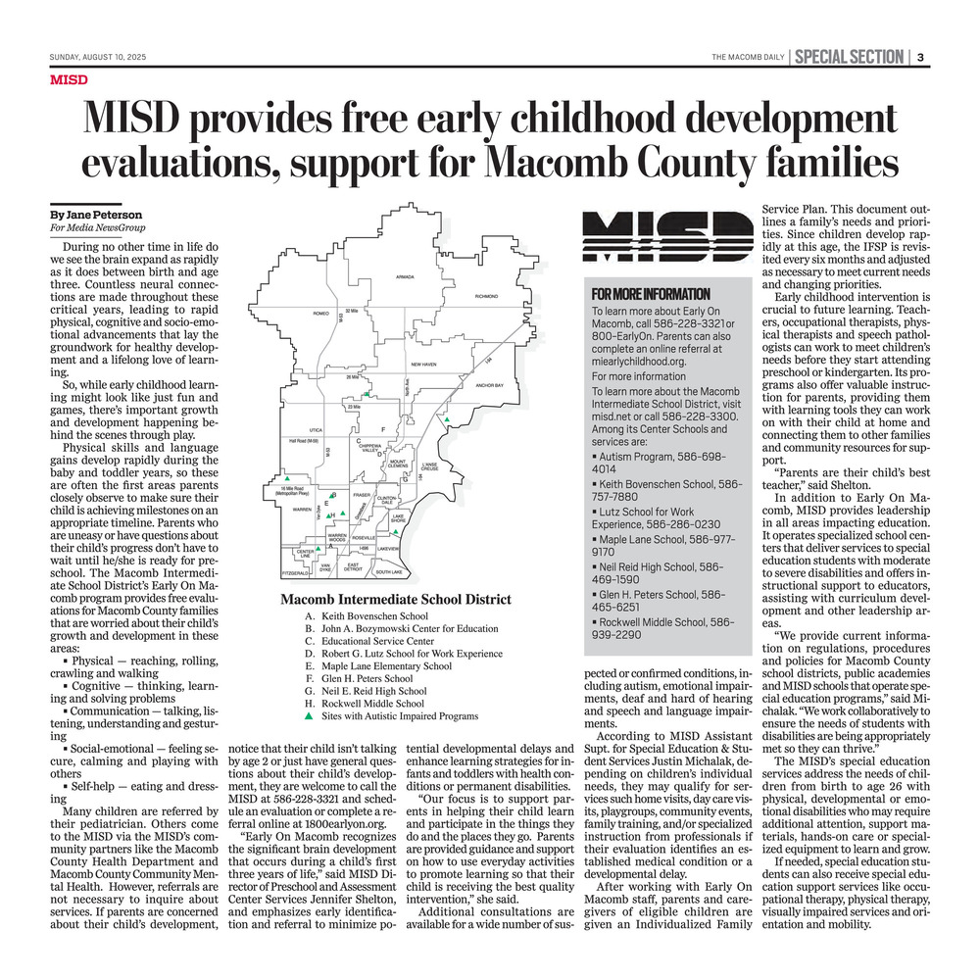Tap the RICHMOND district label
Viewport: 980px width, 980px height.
[x=486, y=296]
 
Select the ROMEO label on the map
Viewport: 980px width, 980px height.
[x=319, y=314]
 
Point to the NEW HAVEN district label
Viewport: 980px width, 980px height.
[x=423, y=365]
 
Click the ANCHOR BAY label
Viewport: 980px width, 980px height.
[x=488, y=386]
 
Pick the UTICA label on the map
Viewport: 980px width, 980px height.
[x=316, y=429]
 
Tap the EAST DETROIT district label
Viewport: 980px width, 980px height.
[x=354, y=566]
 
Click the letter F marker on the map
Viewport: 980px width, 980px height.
[x=382, y=430]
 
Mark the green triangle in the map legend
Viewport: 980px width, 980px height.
[x=310, y=716]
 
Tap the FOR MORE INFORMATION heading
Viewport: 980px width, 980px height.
[x=651, y=294]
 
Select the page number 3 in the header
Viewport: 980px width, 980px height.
[x=921, y=57]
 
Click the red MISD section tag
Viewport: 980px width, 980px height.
[x=69, y=79]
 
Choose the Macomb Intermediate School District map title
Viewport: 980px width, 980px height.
[x=395, y=600]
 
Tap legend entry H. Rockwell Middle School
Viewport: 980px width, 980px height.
[x=366, y=703]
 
